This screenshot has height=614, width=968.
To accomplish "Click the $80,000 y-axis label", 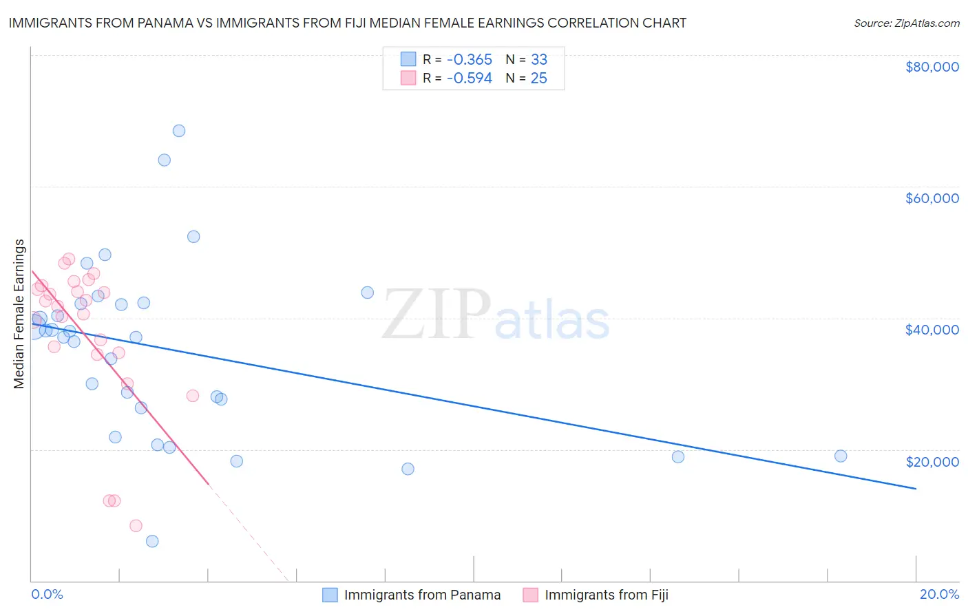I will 932,67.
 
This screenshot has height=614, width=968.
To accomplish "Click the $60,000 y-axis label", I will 932,198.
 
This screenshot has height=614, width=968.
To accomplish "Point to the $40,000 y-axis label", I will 932,330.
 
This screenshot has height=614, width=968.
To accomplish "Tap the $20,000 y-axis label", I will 932,461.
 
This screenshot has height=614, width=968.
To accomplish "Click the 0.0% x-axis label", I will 47,594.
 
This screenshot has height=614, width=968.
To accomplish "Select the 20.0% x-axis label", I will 939,594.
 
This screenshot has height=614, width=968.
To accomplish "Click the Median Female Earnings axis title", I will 19,314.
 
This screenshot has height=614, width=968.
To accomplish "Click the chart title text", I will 347,23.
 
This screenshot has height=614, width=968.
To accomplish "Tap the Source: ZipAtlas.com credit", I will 906,23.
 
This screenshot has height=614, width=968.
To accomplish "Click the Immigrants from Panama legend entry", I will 421,595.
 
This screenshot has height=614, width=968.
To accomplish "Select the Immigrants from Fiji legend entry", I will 606,595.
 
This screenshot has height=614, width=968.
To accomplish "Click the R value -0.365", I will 469,60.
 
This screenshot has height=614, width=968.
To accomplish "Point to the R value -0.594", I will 469,78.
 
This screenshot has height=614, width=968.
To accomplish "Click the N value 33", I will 538,60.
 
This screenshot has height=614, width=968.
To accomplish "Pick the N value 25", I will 538,78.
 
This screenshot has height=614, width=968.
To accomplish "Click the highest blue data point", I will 179,131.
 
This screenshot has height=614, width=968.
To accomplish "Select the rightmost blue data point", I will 841,456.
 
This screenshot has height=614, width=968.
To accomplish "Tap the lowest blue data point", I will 152,541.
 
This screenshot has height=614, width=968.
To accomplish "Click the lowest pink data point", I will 136,526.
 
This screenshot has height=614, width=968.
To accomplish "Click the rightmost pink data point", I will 193,396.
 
